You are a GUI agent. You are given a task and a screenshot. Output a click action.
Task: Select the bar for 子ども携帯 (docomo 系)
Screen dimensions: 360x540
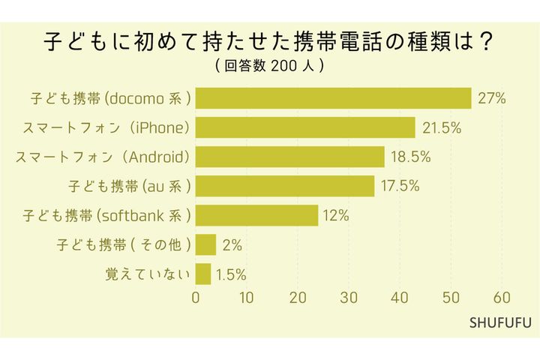tap(333, 98)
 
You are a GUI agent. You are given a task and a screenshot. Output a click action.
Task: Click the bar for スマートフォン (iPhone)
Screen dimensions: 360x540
tap(305, 127)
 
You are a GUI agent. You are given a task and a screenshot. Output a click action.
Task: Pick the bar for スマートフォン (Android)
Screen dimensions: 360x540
tap(289, 157)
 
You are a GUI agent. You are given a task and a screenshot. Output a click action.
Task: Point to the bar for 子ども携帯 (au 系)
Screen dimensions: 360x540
tap(285, 186)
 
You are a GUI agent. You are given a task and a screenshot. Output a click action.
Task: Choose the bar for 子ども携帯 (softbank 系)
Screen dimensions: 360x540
tap(256, 215)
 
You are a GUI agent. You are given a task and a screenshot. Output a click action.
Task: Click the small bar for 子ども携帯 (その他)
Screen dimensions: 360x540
tap(205, 244)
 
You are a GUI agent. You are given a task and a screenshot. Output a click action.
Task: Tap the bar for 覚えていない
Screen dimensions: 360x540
tap(203, 274)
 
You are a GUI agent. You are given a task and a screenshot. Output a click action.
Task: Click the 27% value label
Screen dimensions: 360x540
tap(492, 98)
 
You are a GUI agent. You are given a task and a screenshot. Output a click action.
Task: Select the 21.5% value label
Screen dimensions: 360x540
tap(441, 127)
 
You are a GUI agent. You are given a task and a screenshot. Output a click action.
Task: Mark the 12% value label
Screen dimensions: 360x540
tap(335, 216)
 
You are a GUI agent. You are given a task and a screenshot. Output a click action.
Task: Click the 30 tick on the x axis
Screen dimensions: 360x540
tap(349, 297)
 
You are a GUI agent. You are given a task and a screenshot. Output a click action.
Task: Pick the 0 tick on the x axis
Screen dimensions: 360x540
tap(196, 297)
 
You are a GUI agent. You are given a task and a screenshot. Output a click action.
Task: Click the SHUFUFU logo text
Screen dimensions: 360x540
tap(500, 323)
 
